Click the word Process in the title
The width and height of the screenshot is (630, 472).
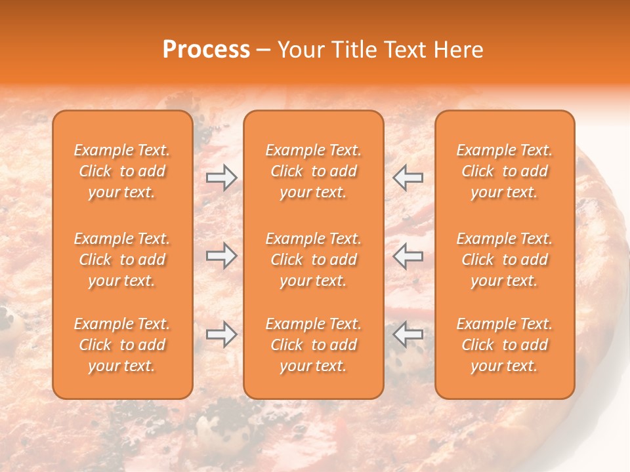[206, 50]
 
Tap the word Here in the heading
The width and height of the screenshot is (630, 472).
[457, 50]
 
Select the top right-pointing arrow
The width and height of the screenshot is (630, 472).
[222, 178]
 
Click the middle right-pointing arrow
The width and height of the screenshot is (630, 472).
[222, 256]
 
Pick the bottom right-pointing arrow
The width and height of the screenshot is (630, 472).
[222, 334]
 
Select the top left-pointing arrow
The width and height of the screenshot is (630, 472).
[408, 178]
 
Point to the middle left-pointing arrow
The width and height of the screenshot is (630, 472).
[408, 256]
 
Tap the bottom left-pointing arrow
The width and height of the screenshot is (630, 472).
[408, 334]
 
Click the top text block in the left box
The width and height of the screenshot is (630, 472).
[122, 171]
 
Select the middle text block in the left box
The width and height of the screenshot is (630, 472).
[122, 260]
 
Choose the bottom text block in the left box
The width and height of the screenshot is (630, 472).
[122, 345]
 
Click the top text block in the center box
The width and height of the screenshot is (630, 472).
[314, 171]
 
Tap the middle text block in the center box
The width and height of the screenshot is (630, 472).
[314, 260]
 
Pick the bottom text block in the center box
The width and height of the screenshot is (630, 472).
[314, 345]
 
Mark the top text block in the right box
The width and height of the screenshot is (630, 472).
[505, 171]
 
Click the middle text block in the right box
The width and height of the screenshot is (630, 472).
[505, 260]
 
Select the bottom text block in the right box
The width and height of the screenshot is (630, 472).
[505, 345]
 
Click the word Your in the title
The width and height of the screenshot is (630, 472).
[299, 50]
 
